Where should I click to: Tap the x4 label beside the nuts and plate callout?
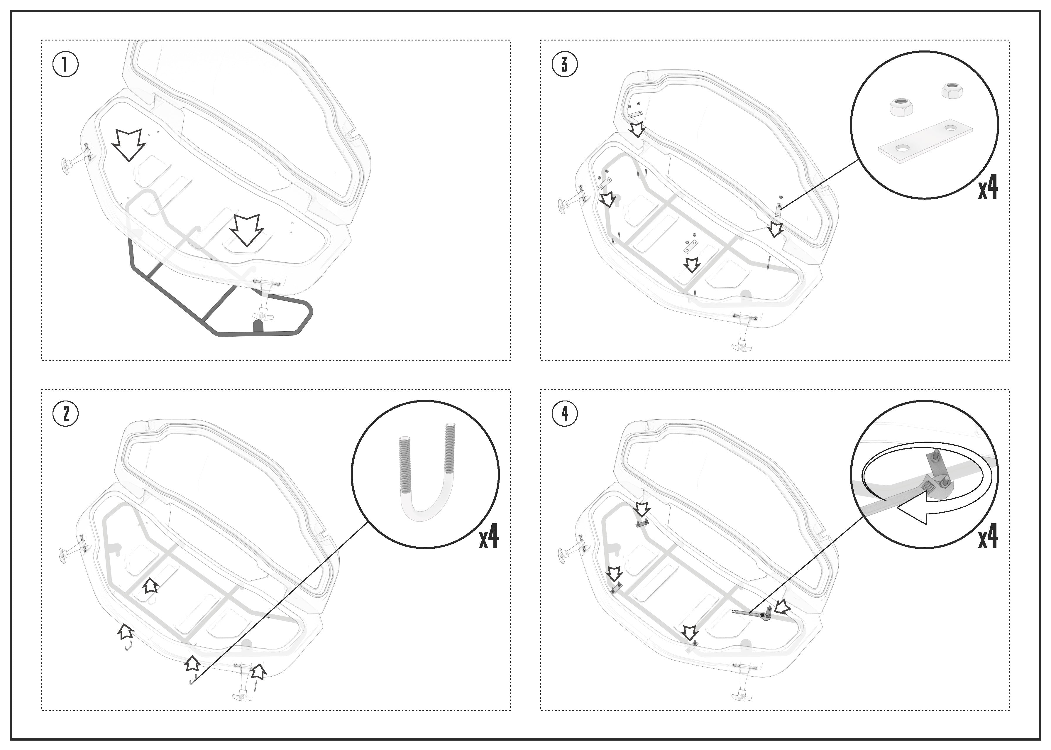pos(988,188)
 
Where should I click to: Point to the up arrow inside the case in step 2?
pos(150,586)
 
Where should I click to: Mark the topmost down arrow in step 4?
pos(642,510)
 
